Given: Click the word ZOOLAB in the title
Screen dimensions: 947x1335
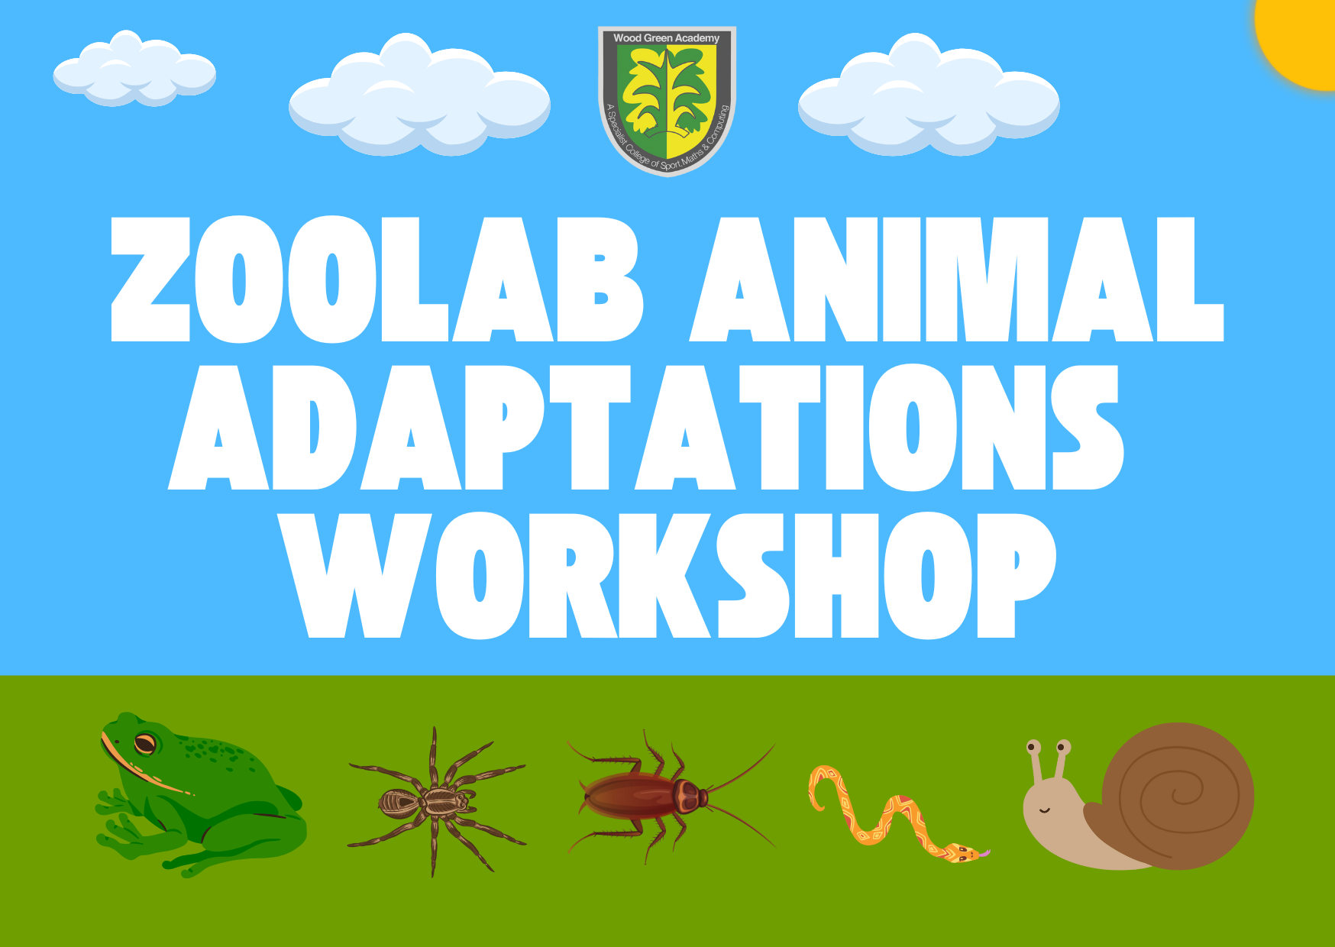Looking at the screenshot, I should pos(374,280).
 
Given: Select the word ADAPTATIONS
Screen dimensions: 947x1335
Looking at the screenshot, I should pos(645,428).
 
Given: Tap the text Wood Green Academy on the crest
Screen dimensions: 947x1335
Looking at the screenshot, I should pos(666,37).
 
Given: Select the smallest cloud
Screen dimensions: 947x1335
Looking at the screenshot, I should pos(134,71).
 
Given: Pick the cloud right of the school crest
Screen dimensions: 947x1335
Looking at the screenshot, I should pos(928,97).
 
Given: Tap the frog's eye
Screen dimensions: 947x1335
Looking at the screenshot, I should pos(145,742).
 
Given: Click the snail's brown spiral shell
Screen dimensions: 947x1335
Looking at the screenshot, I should pos(1176,794).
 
